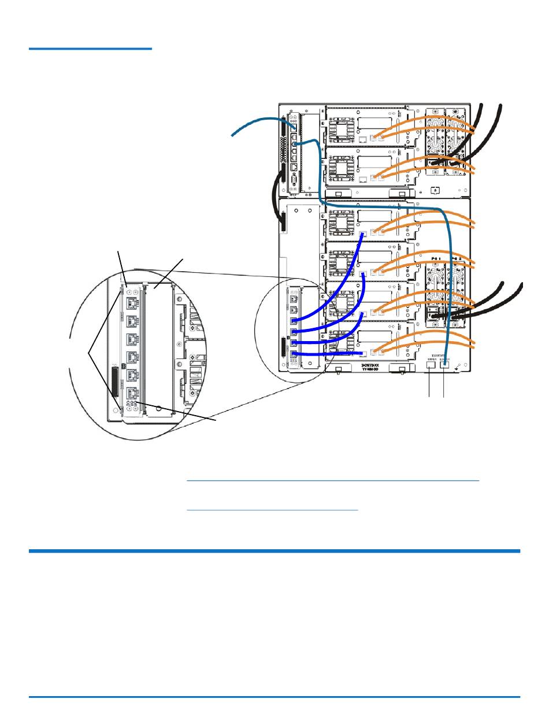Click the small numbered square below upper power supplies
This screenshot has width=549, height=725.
[435, 189]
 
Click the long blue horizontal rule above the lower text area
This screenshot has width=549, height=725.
[274, 551]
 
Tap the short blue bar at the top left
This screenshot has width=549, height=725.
[90, 49]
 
